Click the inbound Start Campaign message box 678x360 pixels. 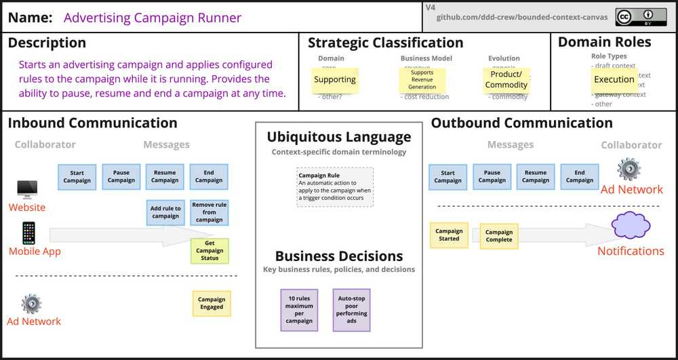coord(77,177)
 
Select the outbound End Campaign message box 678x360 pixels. coord(580,177)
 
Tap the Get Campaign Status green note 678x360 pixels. coord(210,251)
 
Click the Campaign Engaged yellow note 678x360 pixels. coord(212,303)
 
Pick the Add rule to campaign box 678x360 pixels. coord(165,212)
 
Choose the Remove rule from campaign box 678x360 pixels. coord(209,212)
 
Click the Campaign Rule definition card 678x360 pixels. coord(335,187)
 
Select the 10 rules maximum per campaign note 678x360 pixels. coord(299,310)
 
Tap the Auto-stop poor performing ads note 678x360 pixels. coord(352,310)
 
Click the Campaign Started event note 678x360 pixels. coord(449,235)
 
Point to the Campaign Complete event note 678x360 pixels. coord(499,236)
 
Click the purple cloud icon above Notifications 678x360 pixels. coord(631,226)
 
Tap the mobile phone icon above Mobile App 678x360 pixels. coord(28,233)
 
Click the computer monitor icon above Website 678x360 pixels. coord(27,188)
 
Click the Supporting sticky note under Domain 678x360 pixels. coord(334,80)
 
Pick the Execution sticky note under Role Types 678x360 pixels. coord(614,80)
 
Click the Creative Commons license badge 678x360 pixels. coord(640,17)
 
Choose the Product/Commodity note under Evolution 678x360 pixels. coord(506,80)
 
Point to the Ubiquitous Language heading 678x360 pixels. coord(338,137)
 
